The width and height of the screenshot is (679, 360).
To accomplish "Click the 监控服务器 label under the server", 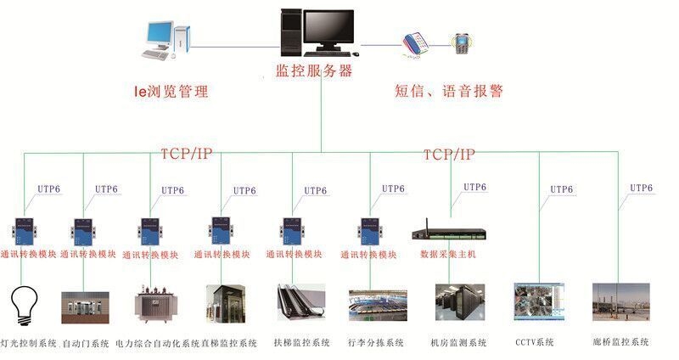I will [314, 71].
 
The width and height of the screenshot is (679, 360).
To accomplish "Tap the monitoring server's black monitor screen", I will [328, 30].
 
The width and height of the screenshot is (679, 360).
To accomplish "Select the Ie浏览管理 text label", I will [171, 92].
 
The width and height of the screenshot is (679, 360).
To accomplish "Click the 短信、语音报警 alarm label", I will [449, 91].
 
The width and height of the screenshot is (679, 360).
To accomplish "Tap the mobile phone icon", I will [461, 42].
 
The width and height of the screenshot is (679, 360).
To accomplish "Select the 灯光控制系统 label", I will [29, 344].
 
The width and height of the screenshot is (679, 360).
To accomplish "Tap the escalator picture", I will [300, 304].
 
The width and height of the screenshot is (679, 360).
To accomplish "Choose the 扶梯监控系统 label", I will [301, 343].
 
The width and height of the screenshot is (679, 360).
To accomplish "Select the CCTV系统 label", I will [534, 342].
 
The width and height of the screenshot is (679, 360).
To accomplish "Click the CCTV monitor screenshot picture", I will [538, 303].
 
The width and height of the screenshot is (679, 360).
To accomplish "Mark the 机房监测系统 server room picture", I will [459, 304].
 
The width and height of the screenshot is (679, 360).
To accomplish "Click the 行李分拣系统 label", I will [375, 343].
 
